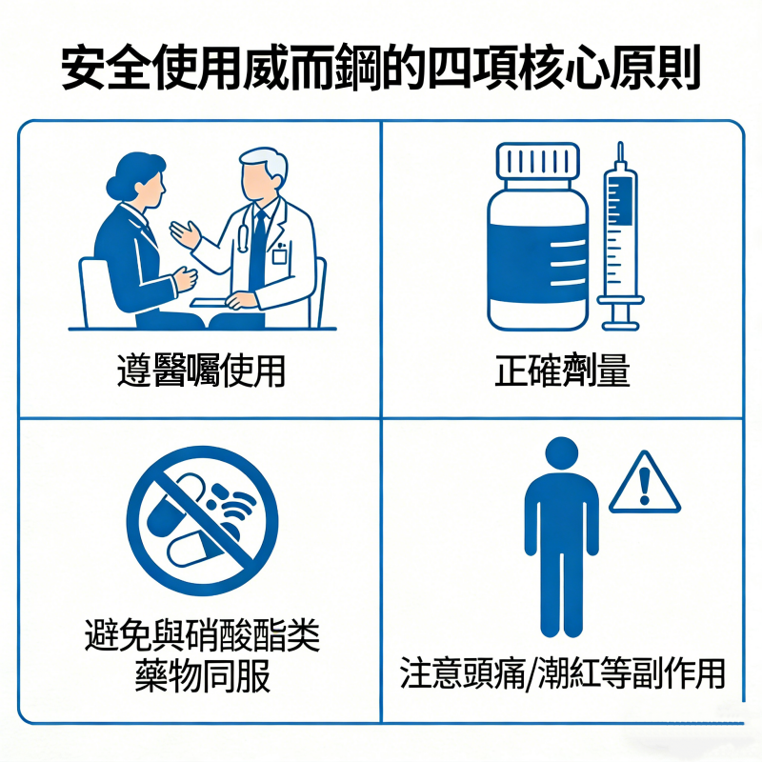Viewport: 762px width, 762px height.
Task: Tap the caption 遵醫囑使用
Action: click(x=201, y=370)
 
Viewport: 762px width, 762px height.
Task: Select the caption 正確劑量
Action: click(x=562, y=370)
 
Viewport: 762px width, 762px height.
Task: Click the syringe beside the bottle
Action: click(x=620, y=238)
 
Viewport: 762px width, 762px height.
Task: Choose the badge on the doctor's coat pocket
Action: click(x=280, y=255)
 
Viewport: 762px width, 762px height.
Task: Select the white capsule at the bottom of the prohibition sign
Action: click(x=196, y=549)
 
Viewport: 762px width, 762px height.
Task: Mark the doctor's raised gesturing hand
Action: click(x=185, y=232)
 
